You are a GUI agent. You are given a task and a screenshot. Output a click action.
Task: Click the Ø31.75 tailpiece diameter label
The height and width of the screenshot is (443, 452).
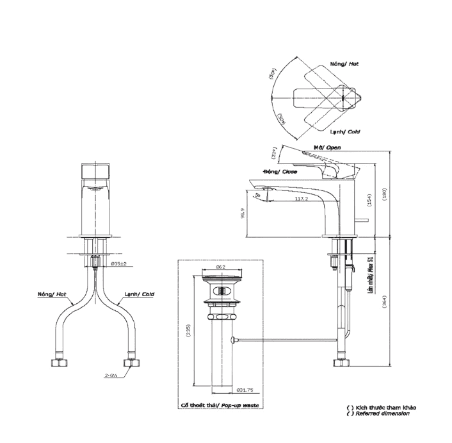pyautogui.click(x=245, y=389)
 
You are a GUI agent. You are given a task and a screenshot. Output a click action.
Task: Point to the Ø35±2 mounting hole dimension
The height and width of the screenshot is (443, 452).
pyautogui.click(x=119, y=263)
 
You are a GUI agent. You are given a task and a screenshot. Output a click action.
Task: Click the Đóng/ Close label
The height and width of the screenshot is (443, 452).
pyautogui.click(x=280, y=172)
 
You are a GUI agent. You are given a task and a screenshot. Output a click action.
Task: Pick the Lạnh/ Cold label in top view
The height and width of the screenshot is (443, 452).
pyautogui.click(x=344, y=131)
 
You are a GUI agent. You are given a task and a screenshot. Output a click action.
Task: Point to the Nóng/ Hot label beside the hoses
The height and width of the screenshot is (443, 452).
pyautogui.click(x=52, y=295)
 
